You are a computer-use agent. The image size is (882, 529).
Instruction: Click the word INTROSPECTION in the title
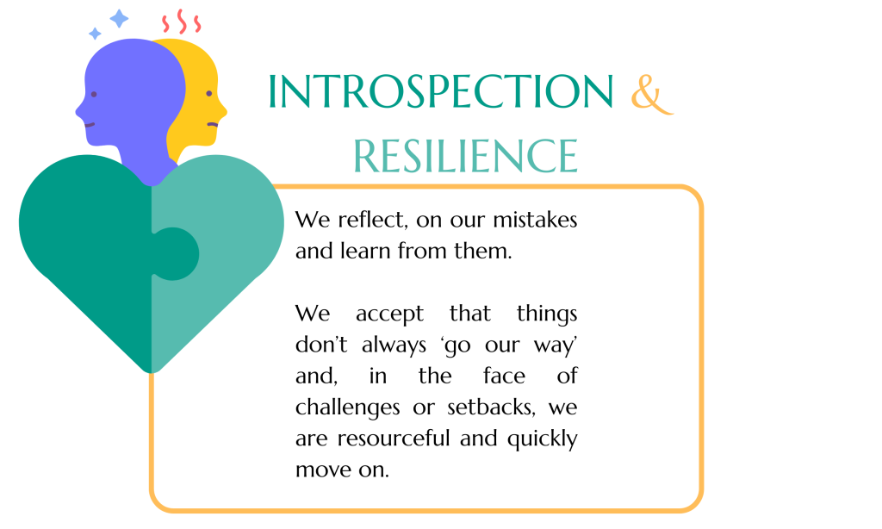coord(440,90)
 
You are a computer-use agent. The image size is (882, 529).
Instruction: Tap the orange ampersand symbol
coord(651,93)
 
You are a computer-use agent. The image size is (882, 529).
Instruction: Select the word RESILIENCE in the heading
coord(466,156)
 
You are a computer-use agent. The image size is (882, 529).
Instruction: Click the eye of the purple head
coord(94,95)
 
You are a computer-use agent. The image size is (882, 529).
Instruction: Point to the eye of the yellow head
coord(209,93)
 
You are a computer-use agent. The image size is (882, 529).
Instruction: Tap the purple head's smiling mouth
coord(90,125)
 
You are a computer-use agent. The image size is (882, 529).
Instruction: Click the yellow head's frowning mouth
coord(213,124)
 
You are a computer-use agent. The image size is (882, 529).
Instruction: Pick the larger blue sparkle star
coord(119,19)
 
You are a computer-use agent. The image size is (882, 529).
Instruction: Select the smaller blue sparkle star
coord(95,34)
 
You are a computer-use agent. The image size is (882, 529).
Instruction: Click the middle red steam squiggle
coord(181,21)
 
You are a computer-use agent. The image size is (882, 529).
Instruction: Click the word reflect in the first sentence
coord(372,220)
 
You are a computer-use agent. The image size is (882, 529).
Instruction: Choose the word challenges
coord(348,408)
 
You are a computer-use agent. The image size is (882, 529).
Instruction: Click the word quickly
coord(543,439)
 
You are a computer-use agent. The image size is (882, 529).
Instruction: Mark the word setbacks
coord(491,408)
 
